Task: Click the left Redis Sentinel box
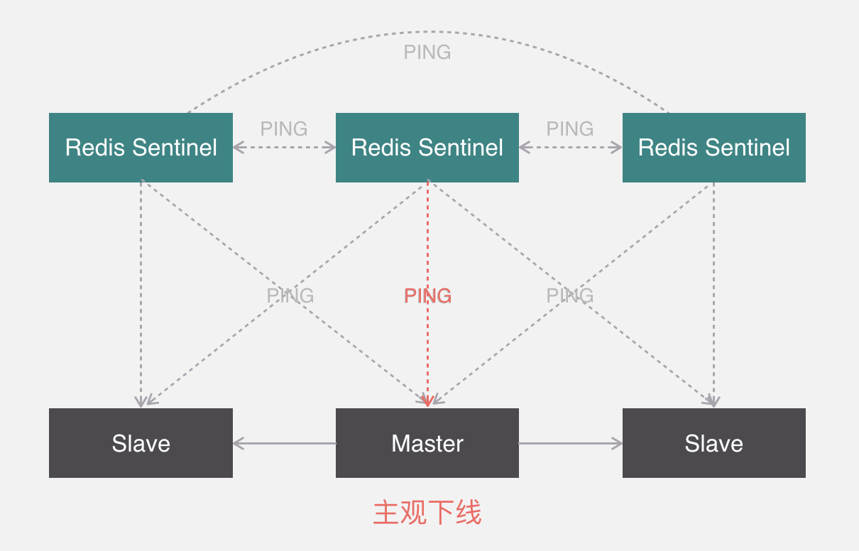tap(141, 148)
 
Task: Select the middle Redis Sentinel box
tap(427, 148)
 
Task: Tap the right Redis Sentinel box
tap(713, 148)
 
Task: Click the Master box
tap(427, 443)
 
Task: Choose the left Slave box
tap(141, 443)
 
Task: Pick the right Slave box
tap(713, 443)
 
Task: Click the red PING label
tap(427, 296)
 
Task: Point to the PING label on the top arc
tap(427, 53)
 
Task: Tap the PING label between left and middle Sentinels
tap(283, 129)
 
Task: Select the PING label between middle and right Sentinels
tap(569, 129)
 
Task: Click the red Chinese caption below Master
tap(427, 512)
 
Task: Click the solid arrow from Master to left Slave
tap(284, 444)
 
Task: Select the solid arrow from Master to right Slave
tap(571, 444)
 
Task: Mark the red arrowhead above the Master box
tap(427, 402)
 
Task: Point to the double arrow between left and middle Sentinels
tap(284, 148)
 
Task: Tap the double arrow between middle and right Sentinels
tap(570, 148)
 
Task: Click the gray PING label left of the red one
tap(290, 296)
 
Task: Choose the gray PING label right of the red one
tap(569, 296)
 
